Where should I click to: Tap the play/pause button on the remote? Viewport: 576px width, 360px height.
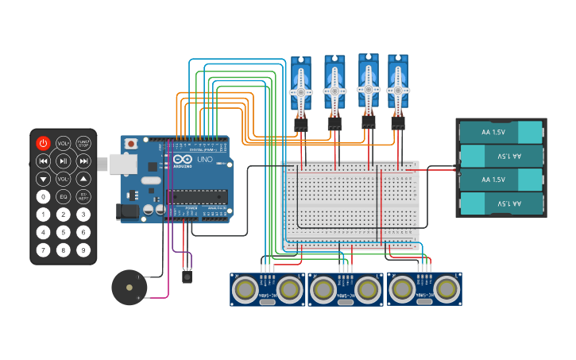pyautogui.click(x=64, y=161)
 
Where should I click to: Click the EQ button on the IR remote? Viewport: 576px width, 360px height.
pyautogui.click(x=64, y=196)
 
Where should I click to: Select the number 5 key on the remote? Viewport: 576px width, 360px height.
pyautogui.click(x=64, y=232)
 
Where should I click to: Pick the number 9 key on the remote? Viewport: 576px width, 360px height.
pyautogui.click(x=83, y=250)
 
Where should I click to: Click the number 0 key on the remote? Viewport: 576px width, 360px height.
pyautogui.click(x=43, y=196)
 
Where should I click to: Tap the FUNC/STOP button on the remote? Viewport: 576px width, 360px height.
pyautogui.click(x=83, y=143)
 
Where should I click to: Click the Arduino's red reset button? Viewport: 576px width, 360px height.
pyautogui.click(x=130, y=144)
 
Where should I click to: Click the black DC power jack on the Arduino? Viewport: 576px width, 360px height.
pyautogui.click(x=127, y=211)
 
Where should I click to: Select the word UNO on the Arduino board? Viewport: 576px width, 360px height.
pyautogui.click(x=204, y=159)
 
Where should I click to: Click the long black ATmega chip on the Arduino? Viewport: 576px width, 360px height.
pyautogui.click(x=195, y=198)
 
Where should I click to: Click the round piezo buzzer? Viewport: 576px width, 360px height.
pyautogui.click(x=128, y=287)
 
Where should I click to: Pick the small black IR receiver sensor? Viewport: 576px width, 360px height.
pyautogui.click(x=187, y=277)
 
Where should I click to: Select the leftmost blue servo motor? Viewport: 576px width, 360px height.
pyautogui.click(x=301, y=86)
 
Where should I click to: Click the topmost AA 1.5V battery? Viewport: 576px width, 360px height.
pyautogui.click(x=501, y=131)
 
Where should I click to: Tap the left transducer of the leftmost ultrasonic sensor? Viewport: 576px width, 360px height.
pyautogui.click(x=246, y=290)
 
